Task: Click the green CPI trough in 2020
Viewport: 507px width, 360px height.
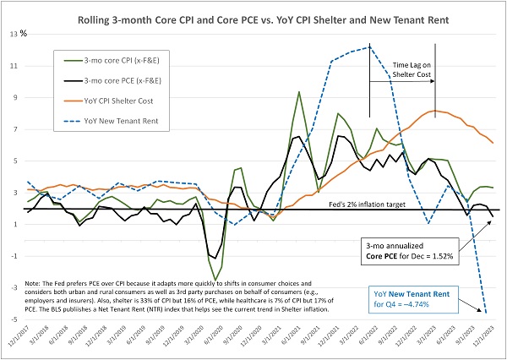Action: point(216,280)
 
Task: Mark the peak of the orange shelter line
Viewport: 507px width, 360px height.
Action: point(434,111)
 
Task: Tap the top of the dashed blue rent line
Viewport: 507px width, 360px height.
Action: point(370,47)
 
